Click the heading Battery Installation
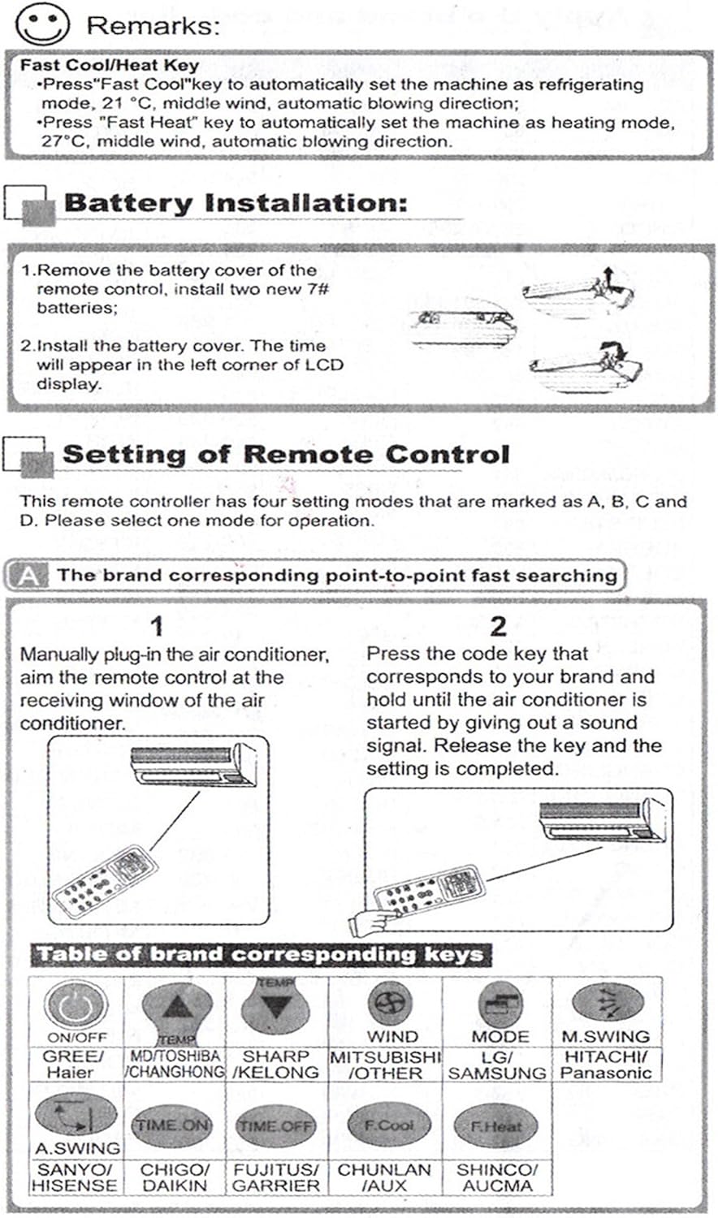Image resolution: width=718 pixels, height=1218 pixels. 236,203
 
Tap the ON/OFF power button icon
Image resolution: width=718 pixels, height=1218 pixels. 76,1004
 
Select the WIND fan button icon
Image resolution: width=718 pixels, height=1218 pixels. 391,1003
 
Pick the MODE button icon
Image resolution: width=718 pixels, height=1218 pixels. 500,1004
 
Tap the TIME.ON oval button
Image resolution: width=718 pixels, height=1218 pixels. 171,1125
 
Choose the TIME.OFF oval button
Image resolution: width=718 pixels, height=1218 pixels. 276,1125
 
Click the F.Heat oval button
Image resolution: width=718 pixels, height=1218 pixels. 496,1126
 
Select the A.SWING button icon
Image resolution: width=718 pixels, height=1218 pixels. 76,1116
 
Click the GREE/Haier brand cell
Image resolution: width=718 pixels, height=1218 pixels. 76,1065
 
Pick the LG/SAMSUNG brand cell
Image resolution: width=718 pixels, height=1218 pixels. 497,1065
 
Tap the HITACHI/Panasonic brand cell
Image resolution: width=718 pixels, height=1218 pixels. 606,1065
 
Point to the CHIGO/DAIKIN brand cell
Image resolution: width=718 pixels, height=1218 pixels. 175,1177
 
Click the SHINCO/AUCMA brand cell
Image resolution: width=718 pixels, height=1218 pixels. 497,1177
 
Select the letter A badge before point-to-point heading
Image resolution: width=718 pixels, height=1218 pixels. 29,576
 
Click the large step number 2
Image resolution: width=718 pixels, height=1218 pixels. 499,626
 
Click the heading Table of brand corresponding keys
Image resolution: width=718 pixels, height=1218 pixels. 261,955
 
